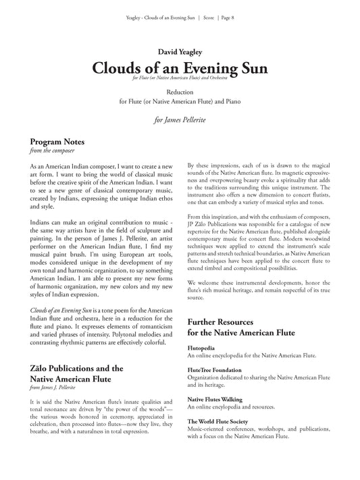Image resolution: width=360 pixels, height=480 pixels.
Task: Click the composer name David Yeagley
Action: [180, 50]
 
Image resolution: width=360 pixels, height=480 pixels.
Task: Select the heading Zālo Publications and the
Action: [77, 369]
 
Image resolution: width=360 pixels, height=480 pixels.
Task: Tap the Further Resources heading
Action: [230, 323]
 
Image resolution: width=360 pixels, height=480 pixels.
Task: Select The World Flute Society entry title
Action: [219, 421]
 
